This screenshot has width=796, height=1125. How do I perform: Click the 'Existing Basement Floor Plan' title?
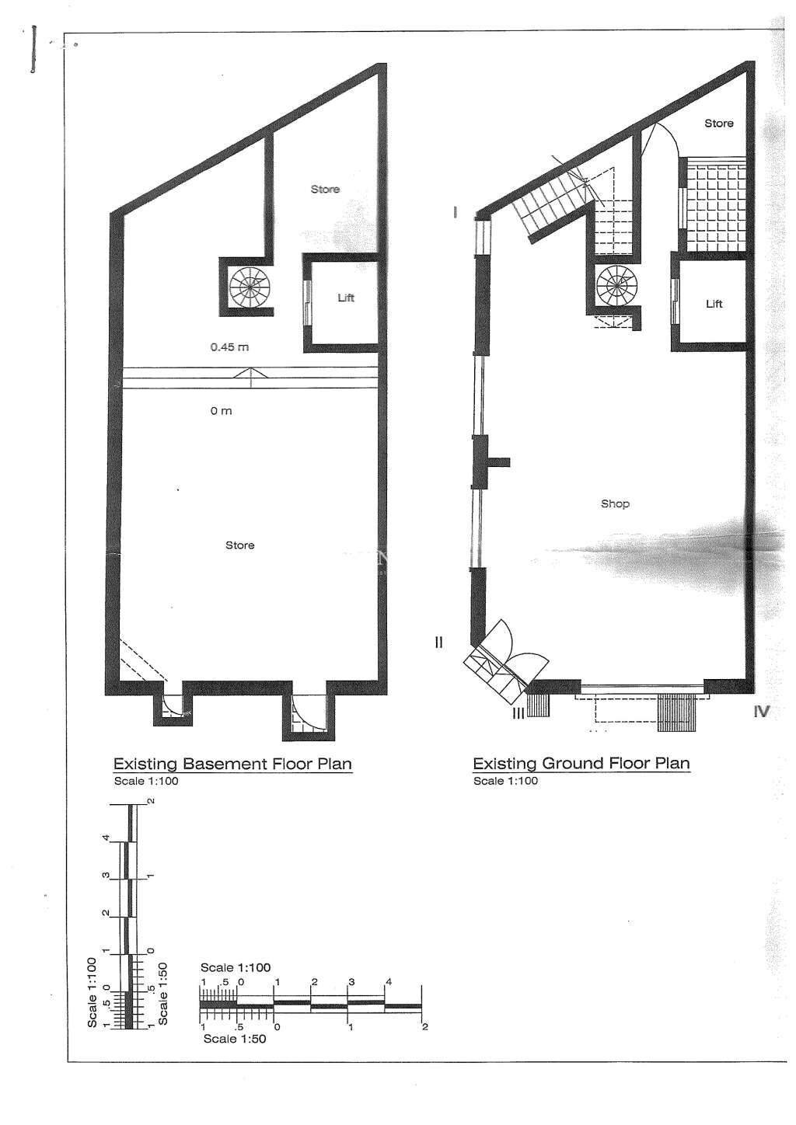tap(232, 764)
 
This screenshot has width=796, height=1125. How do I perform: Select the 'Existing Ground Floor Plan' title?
tap(581, 764)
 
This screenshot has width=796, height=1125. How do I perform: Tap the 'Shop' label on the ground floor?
tap(615, 503)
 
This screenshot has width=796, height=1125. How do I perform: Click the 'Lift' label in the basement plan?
tap(346, 298)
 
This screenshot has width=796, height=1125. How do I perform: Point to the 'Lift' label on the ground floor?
tap(714, 303)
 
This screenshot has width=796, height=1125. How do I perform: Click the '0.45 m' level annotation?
tap(229, 347)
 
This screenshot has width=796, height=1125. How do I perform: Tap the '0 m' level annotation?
tap(221, 411)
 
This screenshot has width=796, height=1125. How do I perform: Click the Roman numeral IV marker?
tap(762, 712)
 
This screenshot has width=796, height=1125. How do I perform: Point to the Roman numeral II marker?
tap(438, 642)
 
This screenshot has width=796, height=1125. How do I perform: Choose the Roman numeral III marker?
tap(518, 712)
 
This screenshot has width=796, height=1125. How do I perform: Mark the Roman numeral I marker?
tap(455, 212)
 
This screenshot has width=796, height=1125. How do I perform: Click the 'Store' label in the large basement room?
tap(239, 545)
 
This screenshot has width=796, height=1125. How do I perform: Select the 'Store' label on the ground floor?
tap(718, 123)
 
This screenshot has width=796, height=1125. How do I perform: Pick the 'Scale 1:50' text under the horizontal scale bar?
tap(235, 1039)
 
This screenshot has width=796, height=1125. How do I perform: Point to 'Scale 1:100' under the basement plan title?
tap(146, 781)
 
